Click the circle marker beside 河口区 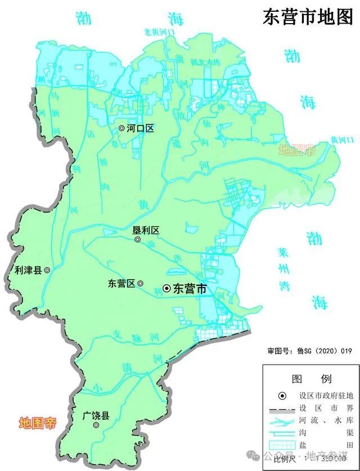tap(121, 128)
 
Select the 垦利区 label tap(146, 230)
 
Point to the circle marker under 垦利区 tap(138, 240)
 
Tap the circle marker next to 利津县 tap(47, 270)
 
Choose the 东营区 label tap(122, 284)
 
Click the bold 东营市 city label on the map tap(189, 289)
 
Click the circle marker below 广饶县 tap(96, 425)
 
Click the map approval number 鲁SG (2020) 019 tap(309, 351)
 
